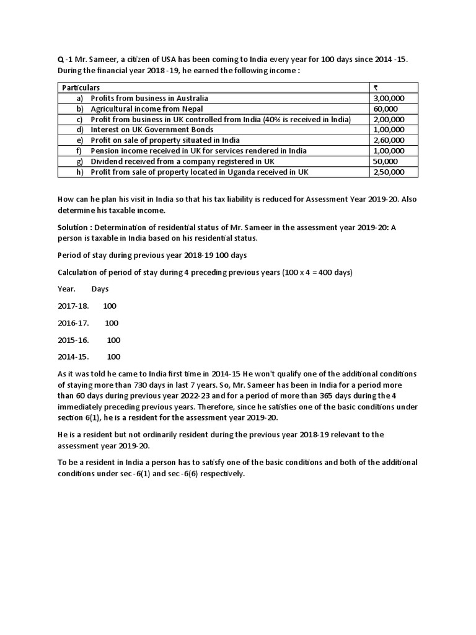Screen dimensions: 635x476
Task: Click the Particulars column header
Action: (81, 87)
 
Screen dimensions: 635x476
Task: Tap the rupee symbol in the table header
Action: (376, 87)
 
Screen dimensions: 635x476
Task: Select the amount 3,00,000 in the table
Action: (389, 98)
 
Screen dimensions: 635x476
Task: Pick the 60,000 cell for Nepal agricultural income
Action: (386, 109)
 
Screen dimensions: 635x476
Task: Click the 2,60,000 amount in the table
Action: (389, 140)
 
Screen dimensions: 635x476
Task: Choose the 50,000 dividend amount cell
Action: (386, 161)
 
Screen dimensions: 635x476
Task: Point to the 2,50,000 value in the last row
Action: (389, 172)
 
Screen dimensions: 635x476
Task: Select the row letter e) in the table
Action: (79, 140)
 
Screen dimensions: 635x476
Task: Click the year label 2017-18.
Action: (73, 306)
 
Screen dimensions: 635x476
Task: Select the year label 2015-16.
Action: (73, 340)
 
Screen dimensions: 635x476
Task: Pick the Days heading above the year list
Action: (100, 289)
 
